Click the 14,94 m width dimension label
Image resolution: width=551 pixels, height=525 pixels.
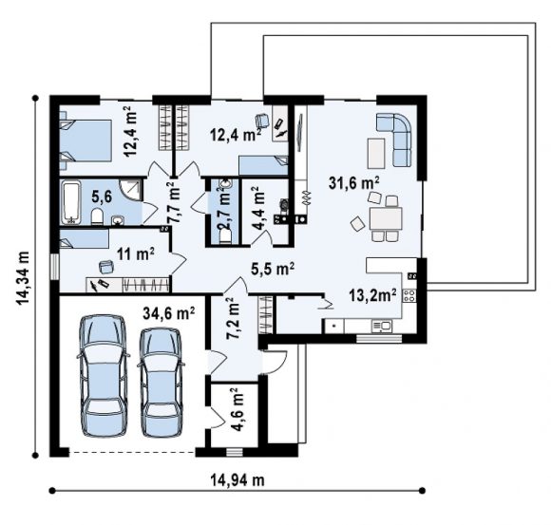(237, 479)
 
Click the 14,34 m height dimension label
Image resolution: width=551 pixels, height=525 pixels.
(22, 278)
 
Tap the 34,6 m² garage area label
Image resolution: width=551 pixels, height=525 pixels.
(169, 313)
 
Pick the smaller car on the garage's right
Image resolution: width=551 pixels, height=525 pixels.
(161, 383)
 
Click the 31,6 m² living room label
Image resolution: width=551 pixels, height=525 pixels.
(353, 182)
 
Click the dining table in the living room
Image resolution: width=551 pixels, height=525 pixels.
(386, 218)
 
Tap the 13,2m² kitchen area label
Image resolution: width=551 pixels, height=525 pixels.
(372, 295)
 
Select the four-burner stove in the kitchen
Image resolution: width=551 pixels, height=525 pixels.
(409, 295)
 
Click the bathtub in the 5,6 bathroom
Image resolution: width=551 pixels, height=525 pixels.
(71, 202)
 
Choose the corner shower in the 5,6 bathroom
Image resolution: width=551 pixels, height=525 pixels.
(131, 190)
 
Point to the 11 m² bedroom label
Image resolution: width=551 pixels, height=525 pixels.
(136, 253)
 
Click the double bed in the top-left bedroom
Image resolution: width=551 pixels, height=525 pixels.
(86, 141)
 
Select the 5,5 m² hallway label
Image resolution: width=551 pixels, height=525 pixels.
(273, 269)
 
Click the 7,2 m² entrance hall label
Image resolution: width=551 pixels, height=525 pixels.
(233, 319)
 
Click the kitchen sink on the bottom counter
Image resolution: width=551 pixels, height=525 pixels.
(381, 327)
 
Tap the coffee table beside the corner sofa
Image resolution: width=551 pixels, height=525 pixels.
(376, 154)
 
